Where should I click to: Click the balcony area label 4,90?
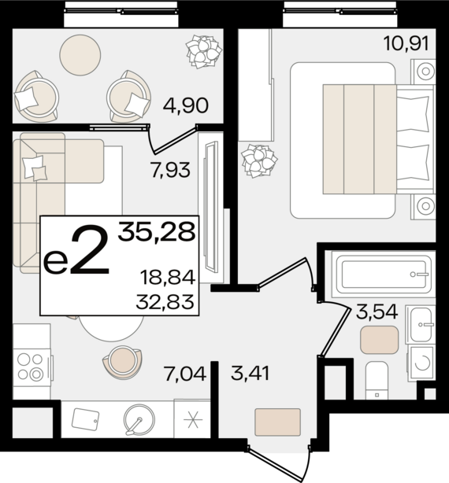pyautogui.click(x=186, y=105)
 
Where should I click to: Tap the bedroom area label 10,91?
pyautogui.click(x=406, y=43)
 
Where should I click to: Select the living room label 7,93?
pyautogui.click(x=170, y=170)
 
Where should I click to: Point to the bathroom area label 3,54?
pyautogui.click(x=377, y=312)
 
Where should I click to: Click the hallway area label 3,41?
pyautogui.click(x=250, y=373)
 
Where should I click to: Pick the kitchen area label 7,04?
pyautogui.click(x=185, y=374)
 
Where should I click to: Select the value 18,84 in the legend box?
pyautogui.click(x=168, y=277)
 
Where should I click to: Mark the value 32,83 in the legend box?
pyautogui.click(x=165, y=301)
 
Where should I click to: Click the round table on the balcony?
pyautogui.click(x=80, y=54)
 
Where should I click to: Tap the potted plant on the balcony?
pyautogui.click(x=204, y=51)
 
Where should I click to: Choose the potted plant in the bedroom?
pyautogui.click(x=259, y=160)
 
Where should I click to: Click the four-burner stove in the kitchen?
pyautogui.click(x=32, y=367)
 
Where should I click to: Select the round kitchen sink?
pyautogui.click(x=139, y=419)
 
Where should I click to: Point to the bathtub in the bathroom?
pyautogui.click(x=383, y=275)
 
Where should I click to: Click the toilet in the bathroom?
pyautogui.click(x=377, y=381)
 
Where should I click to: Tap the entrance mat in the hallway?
pyautogui.click(x=277, y=422)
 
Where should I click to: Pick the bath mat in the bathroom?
pyautogui.click(x=380, y=340)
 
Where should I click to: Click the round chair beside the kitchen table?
pyautogui.click(x=122, y=363)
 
